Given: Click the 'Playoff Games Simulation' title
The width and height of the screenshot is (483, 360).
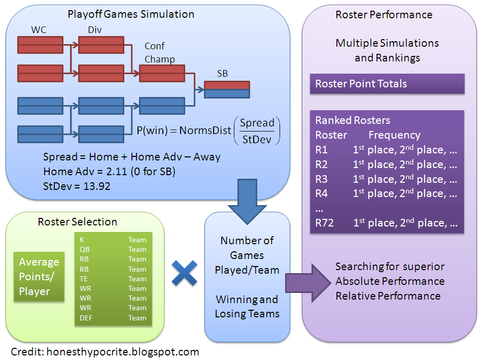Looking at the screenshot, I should [x=131, y=14].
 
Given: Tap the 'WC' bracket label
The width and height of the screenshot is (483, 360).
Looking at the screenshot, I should [x=39, y=30].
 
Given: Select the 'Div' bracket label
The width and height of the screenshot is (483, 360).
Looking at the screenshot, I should [x=94, y=30].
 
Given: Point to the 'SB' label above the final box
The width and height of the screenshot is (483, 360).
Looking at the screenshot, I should [x=222, y=74].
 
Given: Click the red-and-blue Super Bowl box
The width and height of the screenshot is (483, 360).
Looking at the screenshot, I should [x=226, y=89].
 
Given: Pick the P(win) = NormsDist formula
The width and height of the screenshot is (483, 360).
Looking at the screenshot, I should [x=208, y=130].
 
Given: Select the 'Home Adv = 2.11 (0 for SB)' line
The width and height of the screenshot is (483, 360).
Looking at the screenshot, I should [x=109, y=172].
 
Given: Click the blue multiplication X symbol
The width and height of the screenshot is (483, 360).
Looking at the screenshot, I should [x=184, y=275].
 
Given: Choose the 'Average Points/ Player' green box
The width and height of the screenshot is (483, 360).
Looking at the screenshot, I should [x=39, y=277].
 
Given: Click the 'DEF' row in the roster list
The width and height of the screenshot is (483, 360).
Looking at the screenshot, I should [x=85, y=318].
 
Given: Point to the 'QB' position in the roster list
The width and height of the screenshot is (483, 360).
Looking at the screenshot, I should [x=84, y=249].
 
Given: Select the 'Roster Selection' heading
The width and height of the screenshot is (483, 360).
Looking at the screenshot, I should [x=77, y=222].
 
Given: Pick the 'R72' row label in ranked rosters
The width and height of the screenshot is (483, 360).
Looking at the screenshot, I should [x=324, y=222].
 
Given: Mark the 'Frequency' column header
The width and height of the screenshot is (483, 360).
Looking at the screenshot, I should [x=394, y=135].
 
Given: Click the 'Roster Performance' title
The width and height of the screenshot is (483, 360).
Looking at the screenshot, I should [x=384, y=14].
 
